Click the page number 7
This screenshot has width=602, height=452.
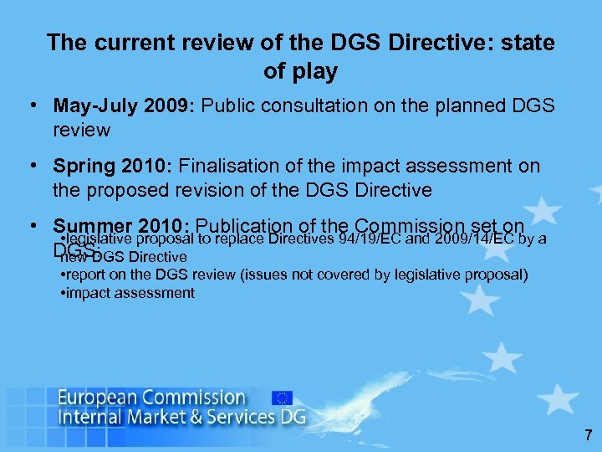[589, 435]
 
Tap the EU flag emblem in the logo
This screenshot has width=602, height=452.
[283, 398]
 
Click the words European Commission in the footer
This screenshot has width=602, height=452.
[152, 398]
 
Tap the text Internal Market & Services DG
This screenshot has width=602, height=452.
[181, 416]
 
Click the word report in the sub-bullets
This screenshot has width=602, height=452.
[88, 275]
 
